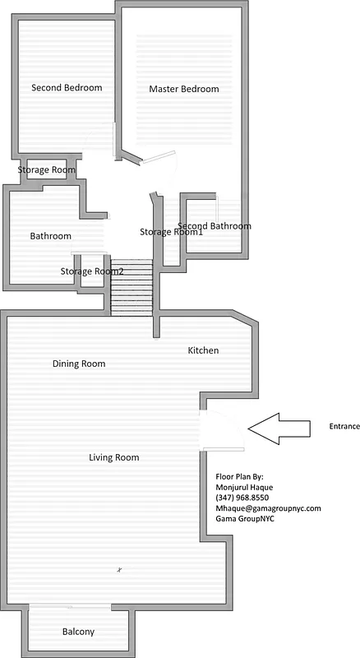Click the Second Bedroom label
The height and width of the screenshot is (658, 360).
tap(67, 88)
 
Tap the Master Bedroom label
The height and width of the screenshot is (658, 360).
tap(184, 89)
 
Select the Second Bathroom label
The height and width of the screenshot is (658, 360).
tap(215, 226)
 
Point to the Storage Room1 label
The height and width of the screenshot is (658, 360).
tap(171, 232)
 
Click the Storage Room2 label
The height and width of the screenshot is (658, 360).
tap(92, 271)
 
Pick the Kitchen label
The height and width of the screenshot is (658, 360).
tap(203, 350)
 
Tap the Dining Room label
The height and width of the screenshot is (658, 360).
tap(79, 364)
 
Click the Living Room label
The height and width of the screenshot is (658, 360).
tap(113, 457)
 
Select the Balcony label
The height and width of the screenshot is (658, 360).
tap(78, 632)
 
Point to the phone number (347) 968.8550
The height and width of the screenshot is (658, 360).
tap(242, 498)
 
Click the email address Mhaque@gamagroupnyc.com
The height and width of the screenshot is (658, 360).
tap(267, 508)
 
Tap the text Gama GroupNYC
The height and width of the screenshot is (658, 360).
tap(245, 519)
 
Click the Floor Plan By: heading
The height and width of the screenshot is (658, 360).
tap(239, 476)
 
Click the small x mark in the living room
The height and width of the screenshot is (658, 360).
tap(119, 569)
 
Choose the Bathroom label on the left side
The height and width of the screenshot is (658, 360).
tap(51, 236)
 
